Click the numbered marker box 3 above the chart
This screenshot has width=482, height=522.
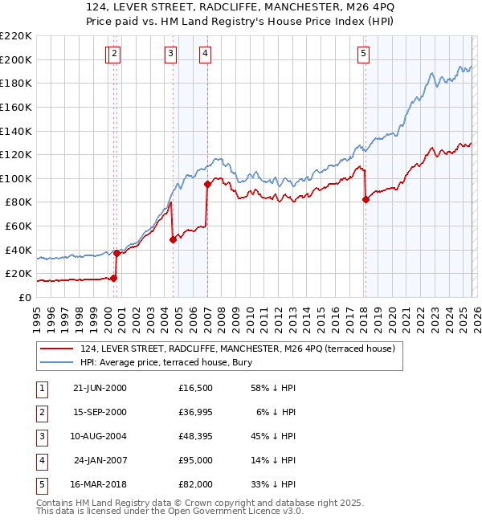(x=171, y=54)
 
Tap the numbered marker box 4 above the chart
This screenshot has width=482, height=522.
(x=206, y=54)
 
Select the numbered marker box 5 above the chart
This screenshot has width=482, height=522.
(x=364, y=54)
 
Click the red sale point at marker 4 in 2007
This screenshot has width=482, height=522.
(x=207, y=184)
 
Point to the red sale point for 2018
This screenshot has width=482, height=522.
(x=366, y=200)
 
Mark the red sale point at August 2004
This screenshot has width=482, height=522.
(x=173, y=239)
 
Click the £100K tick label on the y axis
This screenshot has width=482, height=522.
(x=16, y=178)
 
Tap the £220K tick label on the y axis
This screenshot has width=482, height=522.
(x=16, y=36)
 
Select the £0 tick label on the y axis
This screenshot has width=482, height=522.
(x=24, y=297)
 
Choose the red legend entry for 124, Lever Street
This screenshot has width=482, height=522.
(x=237, y=349)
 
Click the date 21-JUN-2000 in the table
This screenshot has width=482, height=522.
(x=100, y=388)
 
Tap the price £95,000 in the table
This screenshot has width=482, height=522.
(x=196, y=461)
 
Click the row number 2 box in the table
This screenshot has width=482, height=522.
(x=40, y=412)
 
